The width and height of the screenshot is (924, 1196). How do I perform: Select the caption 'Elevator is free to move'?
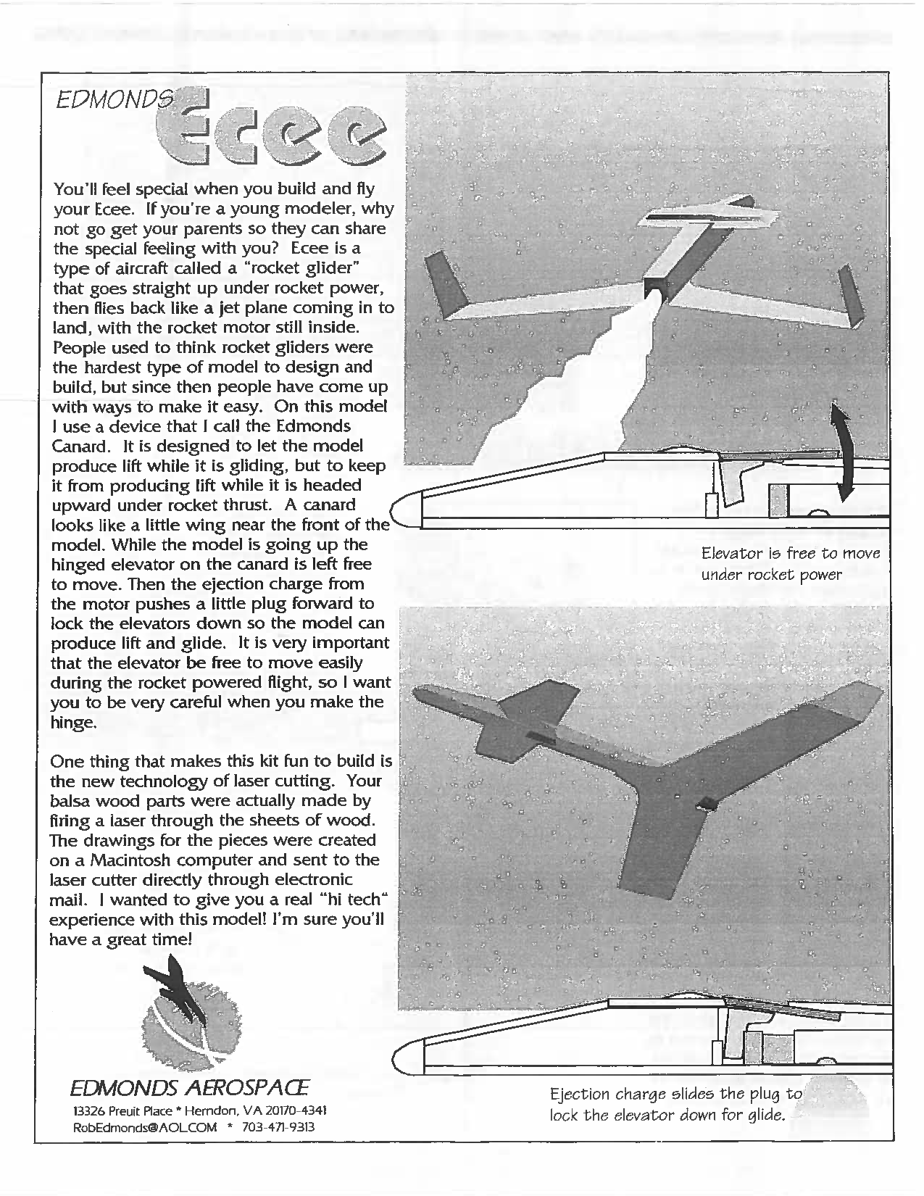[790, 554]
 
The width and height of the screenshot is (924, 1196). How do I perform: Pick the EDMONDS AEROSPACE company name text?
[190, 1088]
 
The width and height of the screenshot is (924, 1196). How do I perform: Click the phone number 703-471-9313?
[278, 1127]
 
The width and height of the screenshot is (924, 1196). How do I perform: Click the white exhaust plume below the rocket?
[551, 391]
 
